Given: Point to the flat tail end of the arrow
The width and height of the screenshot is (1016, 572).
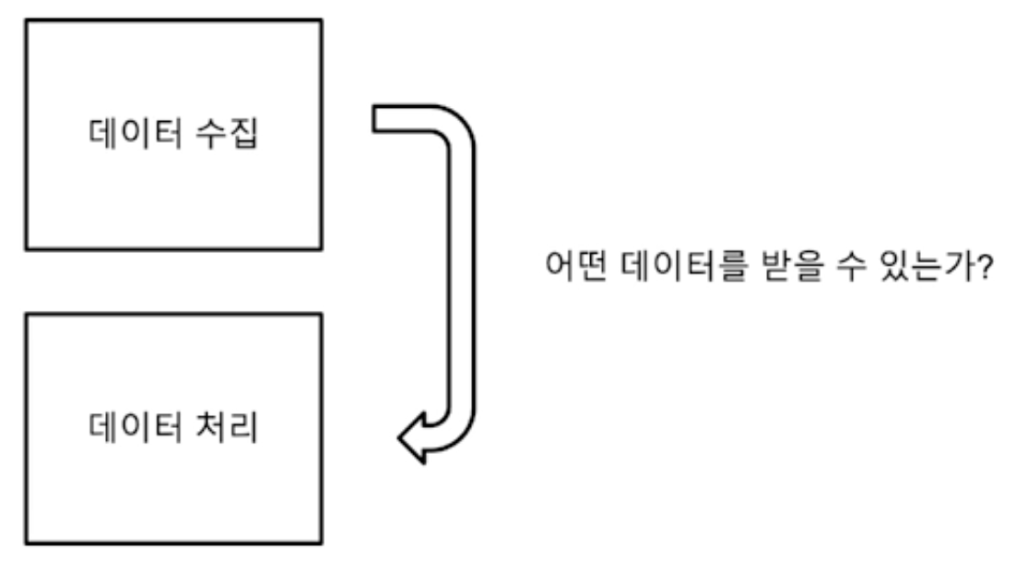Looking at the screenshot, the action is click(375, 118).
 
